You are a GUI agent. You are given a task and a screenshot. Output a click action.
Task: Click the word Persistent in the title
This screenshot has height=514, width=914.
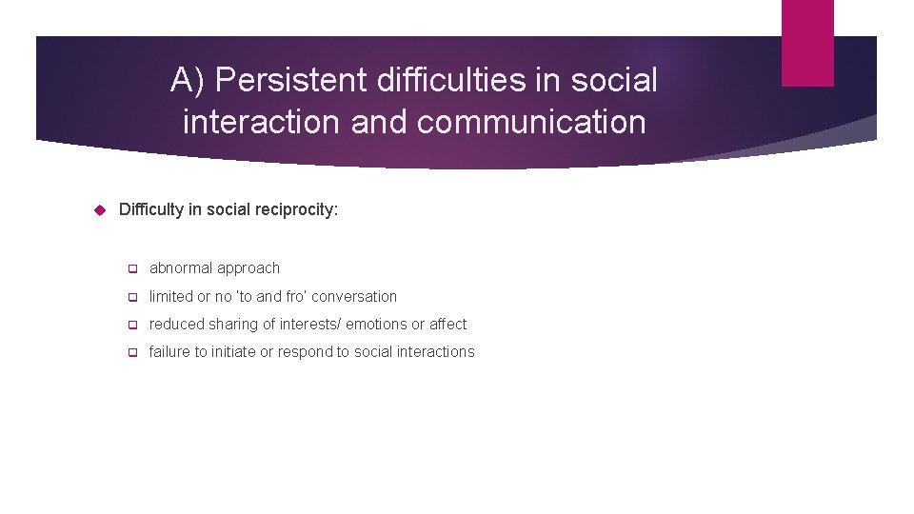pos(291,81)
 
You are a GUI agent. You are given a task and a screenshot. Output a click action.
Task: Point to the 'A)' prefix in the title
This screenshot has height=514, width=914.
pos(189,81)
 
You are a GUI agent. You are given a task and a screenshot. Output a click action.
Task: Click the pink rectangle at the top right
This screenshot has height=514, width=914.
pos(807,43)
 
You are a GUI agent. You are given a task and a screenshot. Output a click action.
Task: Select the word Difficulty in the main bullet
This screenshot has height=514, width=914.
pos(150,209)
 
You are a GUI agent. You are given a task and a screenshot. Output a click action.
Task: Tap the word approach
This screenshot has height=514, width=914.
pos(248,268)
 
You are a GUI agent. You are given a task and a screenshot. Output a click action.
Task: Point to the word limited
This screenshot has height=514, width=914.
pos(170,296)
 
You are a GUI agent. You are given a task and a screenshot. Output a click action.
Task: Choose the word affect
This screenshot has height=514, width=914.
pos(447,324)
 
